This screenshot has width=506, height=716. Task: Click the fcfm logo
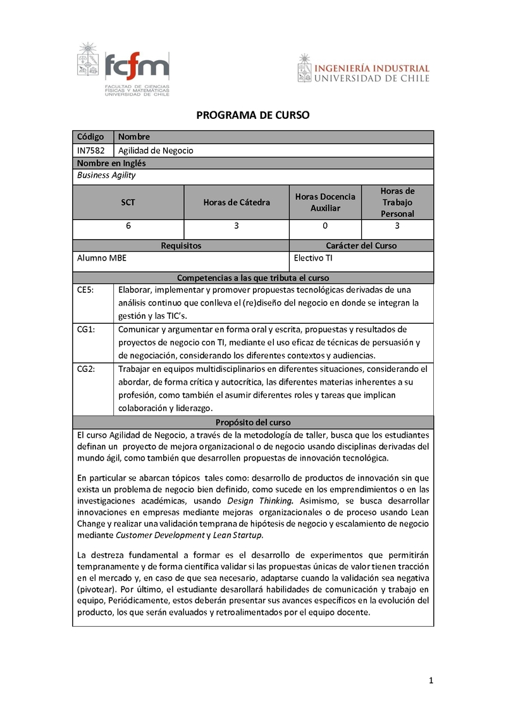pyautogui.click(x=123, y=70)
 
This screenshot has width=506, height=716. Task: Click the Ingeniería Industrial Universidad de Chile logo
pyautogui.click(x=363, y=68)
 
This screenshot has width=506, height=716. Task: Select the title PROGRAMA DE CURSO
pyautogui.click(x=252, y=115)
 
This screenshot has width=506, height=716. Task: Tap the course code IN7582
pyautogui.click(x=91, y=151)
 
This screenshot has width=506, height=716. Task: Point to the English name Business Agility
pyautogui.click(x=106, y=175)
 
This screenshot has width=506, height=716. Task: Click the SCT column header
pyautogui.click(x=128, y=202)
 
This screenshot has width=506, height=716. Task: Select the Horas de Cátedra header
pyautogui.click(x=236, y=202)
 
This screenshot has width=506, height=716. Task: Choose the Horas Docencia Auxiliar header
pyautogui.click(x=325, y=202)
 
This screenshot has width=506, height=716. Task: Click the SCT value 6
pyautogui.click(x=128, y=226)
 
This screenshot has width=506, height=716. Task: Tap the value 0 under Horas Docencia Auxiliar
pyautogui.click(x=325, y=226)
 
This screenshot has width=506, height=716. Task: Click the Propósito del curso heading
pyautogui.click(x=252, y=423)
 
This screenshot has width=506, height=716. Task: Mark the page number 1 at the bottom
pyautogui.click(x=431, y=681)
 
